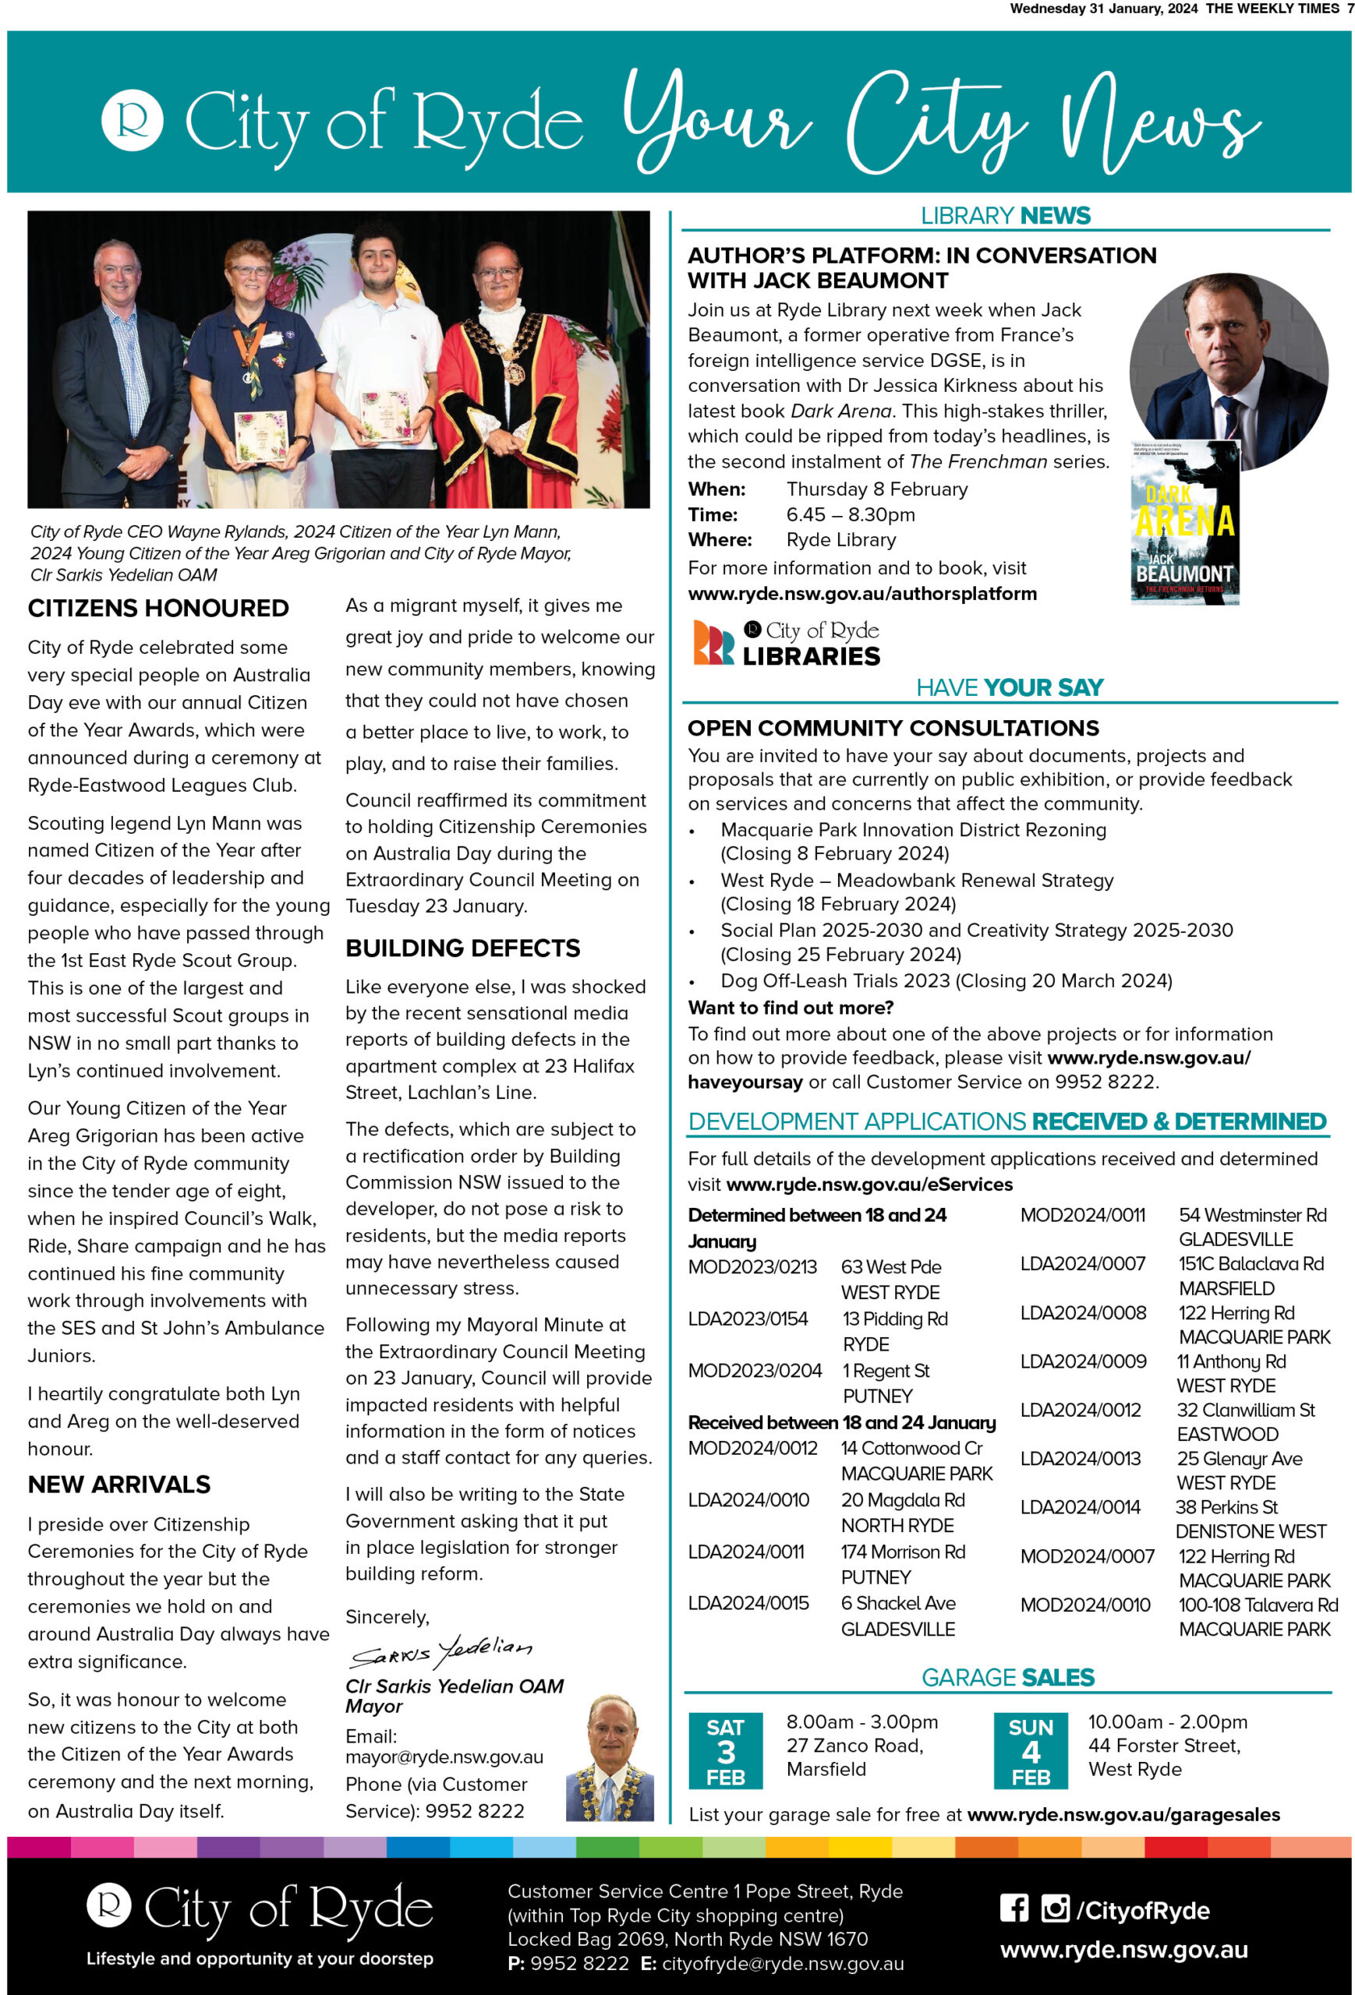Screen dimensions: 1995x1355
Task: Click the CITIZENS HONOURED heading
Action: point(158,609)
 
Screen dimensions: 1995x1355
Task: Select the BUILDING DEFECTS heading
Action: point(463,948)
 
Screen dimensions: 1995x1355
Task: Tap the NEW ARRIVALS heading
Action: point(119,1485)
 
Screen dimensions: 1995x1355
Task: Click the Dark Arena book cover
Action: point(1185,523)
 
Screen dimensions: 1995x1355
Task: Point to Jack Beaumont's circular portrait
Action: point(1228,369)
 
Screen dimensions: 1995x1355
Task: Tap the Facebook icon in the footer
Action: point(1014,1908)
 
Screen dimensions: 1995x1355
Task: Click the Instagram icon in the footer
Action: point(1055,1908)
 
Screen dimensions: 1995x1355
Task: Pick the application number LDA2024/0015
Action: point(748,1603)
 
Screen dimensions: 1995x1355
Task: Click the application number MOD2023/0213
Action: point(752,1267)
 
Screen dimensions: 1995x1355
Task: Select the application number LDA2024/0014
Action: point(1081,1506)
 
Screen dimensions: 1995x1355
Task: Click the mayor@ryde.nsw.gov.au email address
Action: point(444,1757)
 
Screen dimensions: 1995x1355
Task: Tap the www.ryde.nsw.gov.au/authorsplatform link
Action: point(862,593)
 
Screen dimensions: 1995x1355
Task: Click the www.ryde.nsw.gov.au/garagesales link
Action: point(1123,1815)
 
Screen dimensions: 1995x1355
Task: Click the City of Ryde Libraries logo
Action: point(786,643)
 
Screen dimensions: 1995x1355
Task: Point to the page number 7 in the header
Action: point(1350,9)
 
